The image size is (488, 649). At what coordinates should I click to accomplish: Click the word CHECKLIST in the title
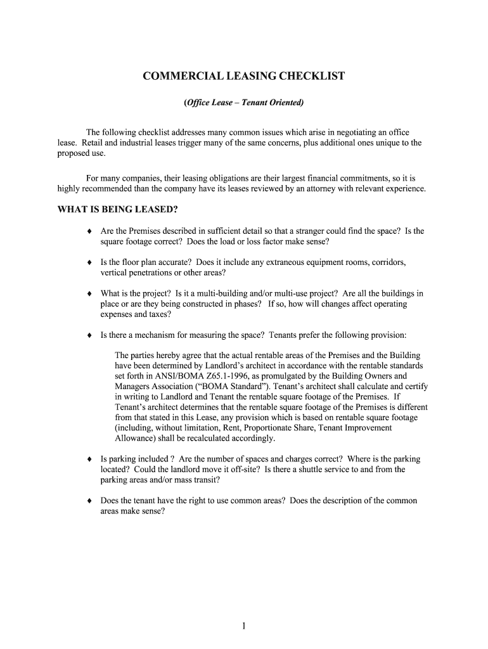click(x=312, y=77)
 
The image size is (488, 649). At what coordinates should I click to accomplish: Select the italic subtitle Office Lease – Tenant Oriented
click(x=244, y=102)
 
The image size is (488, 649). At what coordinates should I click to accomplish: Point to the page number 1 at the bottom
click(x=244, y=626)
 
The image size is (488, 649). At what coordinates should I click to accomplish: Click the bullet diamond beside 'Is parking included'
click(x=90, y=459)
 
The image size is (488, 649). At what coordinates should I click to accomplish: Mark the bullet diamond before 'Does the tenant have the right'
click(x=90, y=501)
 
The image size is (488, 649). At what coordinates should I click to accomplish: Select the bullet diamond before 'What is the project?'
click(x=90, y=294)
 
